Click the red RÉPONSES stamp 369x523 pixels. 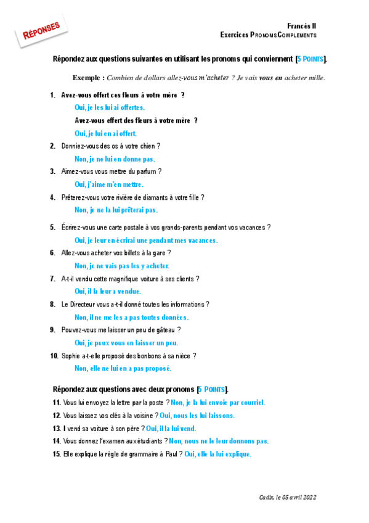pyautogui.click(x=41, y=32)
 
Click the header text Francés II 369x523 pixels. pyautogui.click(x=302, y=25)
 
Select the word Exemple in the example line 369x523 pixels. pyautogui.click(x=86, y=78)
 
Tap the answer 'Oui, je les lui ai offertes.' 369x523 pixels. pyautogui.click(x=110, y=107)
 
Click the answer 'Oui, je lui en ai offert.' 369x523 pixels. pyautogui.click(x=105, y=133)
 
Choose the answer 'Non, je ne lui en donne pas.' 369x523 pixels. pyautogui.click(x=115, y=159)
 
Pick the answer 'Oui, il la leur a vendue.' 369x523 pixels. pyautogui.click(x=108, y=291)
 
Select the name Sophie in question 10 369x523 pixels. pyautogui.click(x=71, y=356)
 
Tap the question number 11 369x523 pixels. pyautogui.click(x=57, y=403)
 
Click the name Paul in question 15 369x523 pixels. pyautogui.click(x=171, y=455)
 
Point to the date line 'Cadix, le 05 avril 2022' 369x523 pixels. pyautogui.click(x=287, y=496)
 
